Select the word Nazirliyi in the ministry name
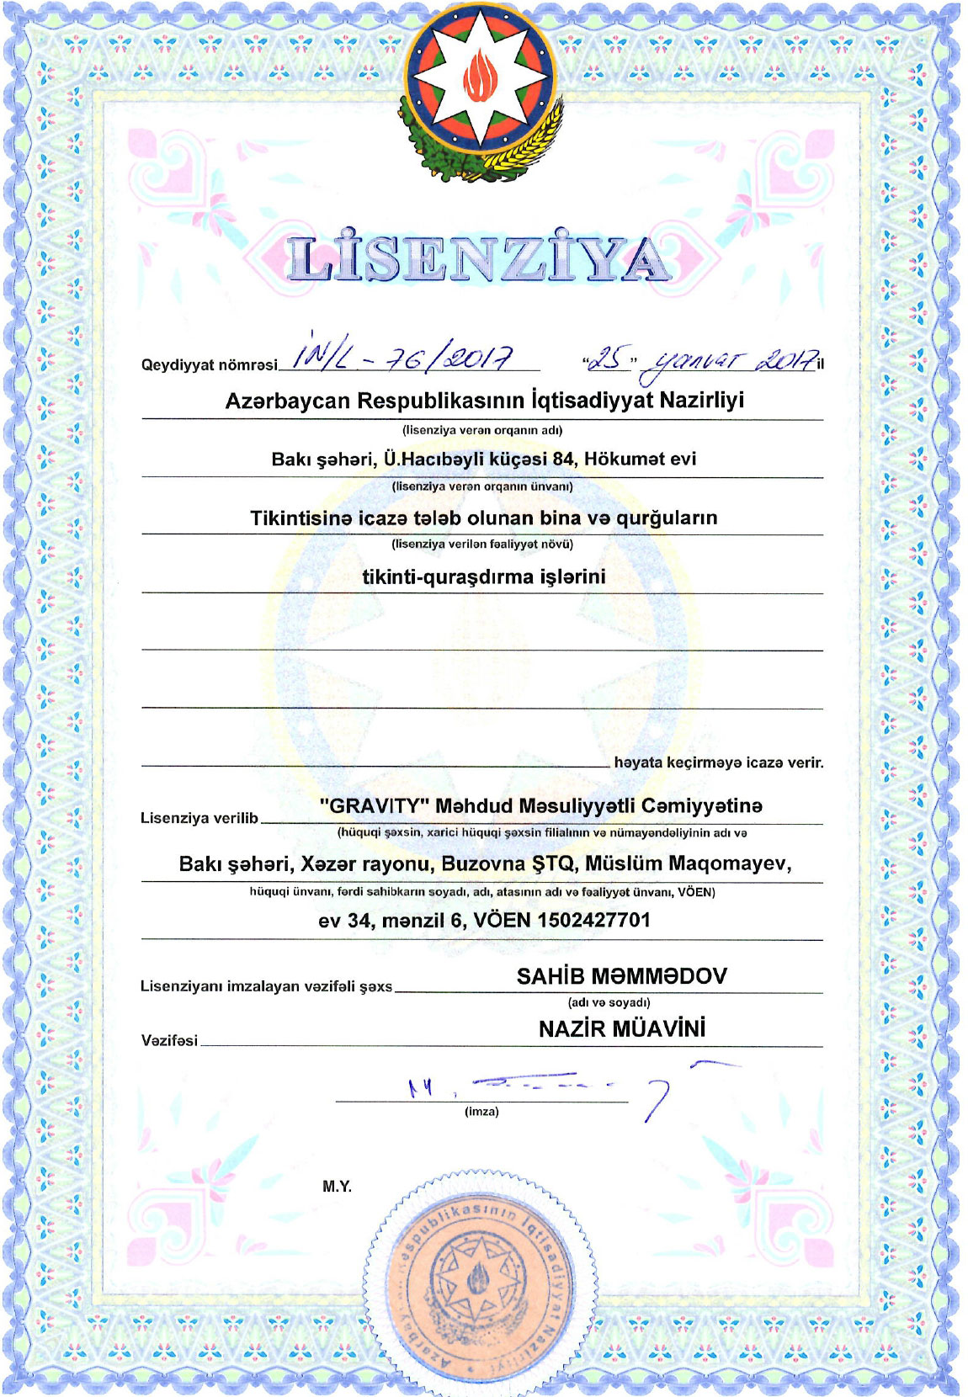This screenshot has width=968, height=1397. (x=702, y=400)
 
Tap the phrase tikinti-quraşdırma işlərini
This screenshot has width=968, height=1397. (x=483, y=577)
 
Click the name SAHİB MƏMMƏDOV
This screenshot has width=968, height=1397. (x=621, y=976)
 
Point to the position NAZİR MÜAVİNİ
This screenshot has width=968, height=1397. (x=622, y=1028)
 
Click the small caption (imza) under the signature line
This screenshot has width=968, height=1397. (x=481, y=1112)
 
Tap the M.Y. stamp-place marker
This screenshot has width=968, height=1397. (x=337, y=1187)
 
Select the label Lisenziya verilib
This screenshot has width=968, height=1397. (x=199, y=818)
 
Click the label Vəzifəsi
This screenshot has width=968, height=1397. (x=169, y=1041)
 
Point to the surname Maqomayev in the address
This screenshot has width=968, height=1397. (x=730, y=863)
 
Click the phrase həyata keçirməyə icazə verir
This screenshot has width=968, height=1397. (x=718, y=763)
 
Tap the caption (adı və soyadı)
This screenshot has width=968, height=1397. (x=609, y=1002)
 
